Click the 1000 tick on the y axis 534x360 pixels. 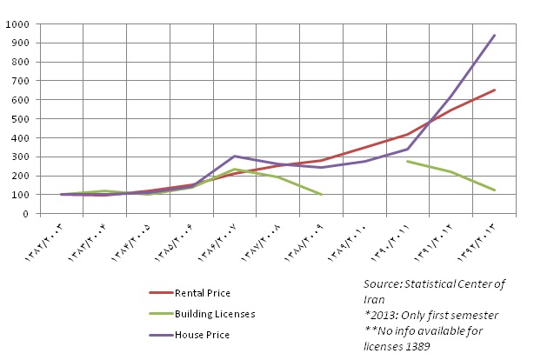point(17,23)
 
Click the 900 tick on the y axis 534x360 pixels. point(20,43)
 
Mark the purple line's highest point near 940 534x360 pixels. point(495,35)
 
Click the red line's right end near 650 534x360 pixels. point(495,90)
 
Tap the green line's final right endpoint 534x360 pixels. point(495,190)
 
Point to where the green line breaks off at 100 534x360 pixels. point(322,195)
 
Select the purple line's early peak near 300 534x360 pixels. point(235,156)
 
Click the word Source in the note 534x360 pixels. point(383,284)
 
